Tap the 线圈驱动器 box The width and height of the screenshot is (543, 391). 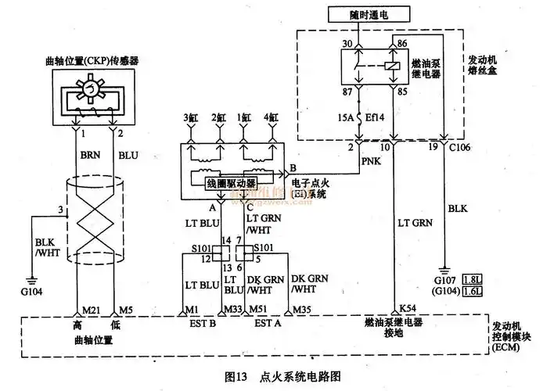coord(227,183)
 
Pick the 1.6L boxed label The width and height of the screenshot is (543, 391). coord(472,291)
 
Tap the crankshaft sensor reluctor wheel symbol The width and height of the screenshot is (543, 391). coord(94,96)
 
